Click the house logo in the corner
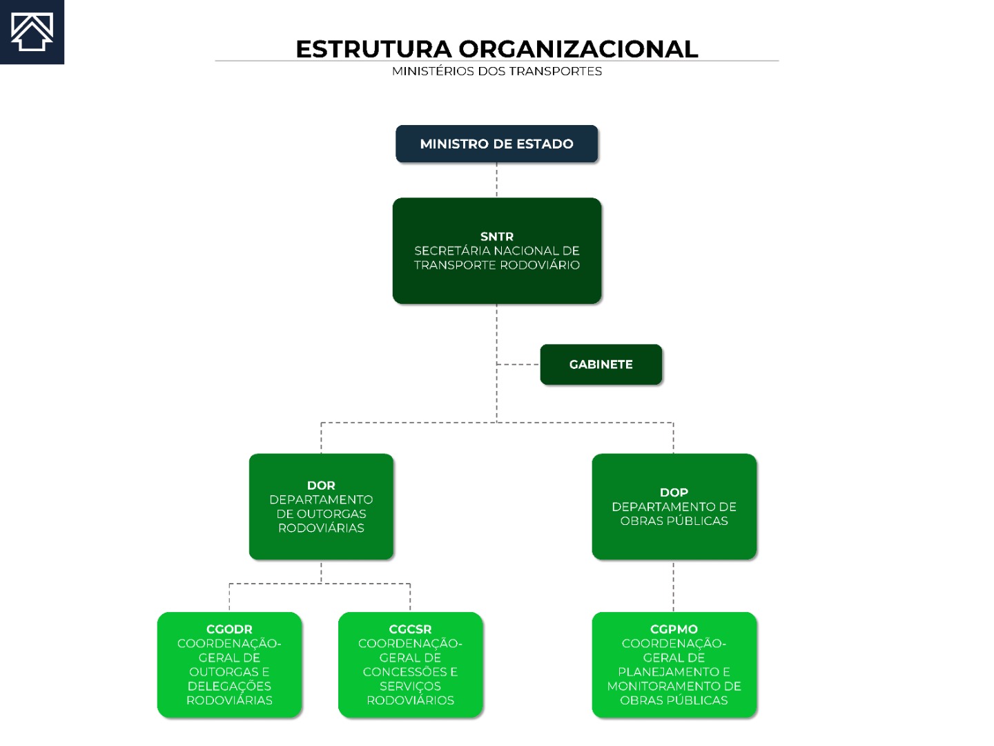coord(32,32)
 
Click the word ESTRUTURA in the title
coord(373,49)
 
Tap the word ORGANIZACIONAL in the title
coord(578,49)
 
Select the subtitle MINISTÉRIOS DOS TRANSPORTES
coord(497,72)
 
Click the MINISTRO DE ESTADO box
coord(497,144)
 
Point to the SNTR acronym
coord(497,236)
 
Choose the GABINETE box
coord(601,364)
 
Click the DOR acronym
coord(321,486)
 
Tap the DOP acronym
coord(674,492)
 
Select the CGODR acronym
coord(229,629)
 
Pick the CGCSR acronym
coord(410,629)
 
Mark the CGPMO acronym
coord(674,629)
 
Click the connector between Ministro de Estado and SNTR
coord(497,180)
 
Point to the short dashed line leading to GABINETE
coord(518,364)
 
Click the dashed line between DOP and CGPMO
coord(674,586)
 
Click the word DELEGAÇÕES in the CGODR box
coord(229,686)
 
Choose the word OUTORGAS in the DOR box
coord(331,514)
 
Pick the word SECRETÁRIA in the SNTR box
coord(452,251)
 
